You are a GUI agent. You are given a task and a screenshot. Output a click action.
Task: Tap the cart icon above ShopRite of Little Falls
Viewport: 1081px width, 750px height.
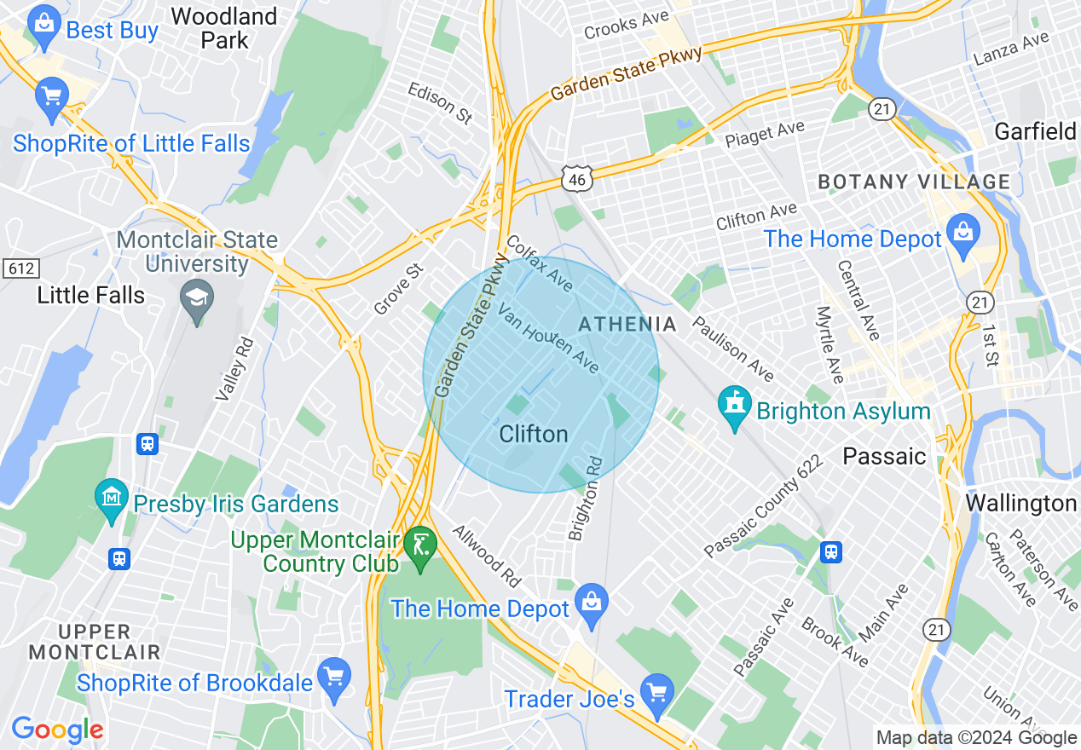click(52, 96)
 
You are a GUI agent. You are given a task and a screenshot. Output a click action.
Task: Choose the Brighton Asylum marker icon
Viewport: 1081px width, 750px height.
click(734, 407)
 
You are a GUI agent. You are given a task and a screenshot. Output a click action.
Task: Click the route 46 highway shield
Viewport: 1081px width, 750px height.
click(576, 178)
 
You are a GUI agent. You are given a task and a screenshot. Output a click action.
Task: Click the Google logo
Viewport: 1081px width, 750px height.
click(57, 730)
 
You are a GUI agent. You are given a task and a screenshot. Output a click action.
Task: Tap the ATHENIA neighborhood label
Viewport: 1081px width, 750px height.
click(627, 325)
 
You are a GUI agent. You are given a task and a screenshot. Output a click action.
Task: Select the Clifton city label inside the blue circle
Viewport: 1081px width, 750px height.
click(534, 435)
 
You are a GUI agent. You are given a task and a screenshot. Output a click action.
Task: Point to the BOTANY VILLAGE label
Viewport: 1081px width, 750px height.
click(914, 182)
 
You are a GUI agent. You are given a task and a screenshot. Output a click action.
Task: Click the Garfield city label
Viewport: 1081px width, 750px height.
click(1035, 131)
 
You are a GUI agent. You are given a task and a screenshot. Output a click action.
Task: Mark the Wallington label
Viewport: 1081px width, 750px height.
click(1020, 504)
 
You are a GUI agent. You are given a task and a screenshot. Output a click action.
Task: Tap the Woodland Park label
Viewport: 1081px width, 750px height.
click(224, 28)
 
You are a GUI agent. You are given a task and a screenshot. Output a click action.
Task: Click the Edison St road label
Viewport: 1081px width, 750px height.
click(440, 103)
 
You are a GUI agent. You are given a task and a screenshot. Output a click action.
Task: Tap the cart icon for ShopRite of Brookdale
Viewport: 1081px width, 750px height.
click(333, 678)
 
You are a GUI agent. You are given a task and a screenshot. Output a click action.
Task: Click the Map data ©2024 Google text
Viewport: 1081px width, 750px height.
click(976, 737)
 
